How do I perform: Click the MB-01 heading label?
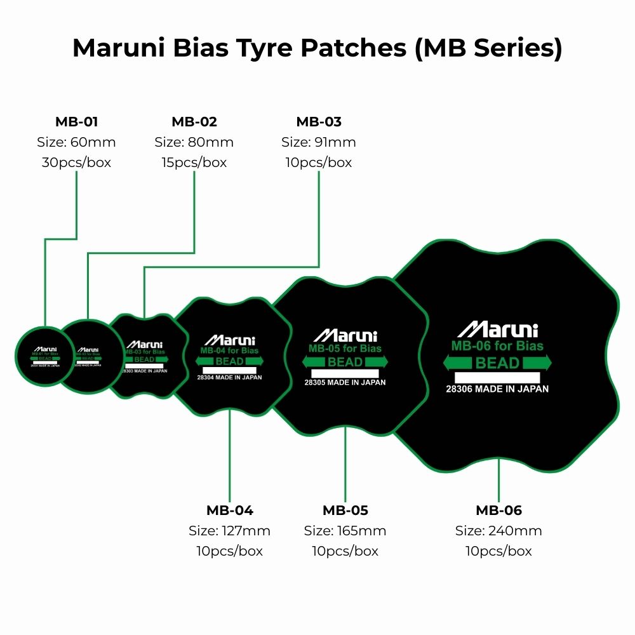coord(76,122)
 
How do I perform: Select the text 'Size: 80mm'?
coord(194,142)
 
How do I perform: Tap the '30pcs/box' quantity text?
coord(76,163)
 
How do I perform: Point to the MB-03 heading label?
coord(319,122)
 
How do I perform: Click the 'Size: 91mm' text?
coord(319,142)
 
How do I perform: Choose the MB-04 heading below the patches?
coord(229,511)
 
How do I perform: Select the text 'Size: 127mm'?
coord(229,531)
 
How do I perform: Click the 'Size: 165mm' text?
coord(345,531)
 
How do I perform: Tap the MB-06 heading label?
coord(498,511)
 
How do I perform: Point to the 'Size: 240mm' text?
coord(498,531)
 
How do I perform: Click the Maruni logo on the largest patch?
coord(497,330)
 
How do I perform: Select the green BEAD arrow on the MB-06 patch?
coord(497,363)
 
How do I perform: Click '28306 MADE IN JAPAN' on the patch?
coord(497,389)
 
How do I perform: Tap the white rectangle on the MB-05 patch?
coord(345,373)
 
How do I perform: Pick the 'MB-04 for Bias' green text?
coord(229,351)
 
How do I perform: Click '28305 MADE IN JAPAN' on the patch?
coord(345,383)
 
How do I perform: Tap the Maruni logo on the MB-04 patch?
coord(229,340)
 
